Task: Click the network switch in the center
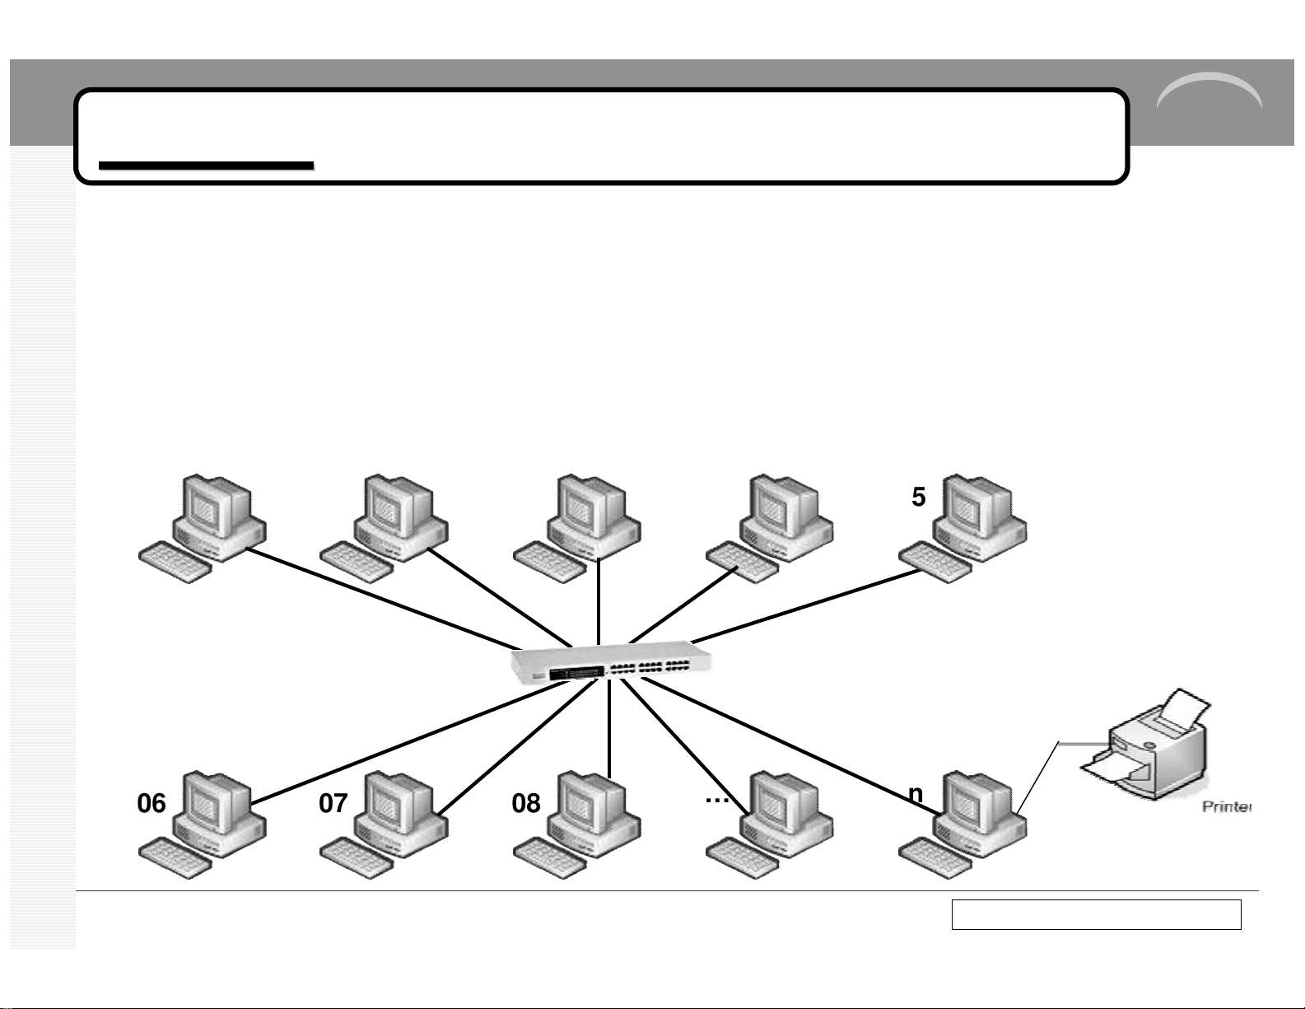[611, 663]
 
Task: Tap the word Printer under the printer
[1226, 806]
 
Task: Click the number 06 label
[151, 803]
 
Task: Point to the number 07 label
[333, 803]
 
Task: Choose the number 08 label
[526, 803]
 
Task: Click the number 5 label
[919, 497]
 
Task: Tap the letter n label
[915, 792]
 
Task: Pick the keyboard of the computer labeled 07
[357, 857]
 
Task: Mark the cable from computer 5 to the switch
[807, 605]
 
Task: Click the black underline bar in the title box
[206, 166]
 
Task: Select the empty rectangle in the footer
[1096, 914]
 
